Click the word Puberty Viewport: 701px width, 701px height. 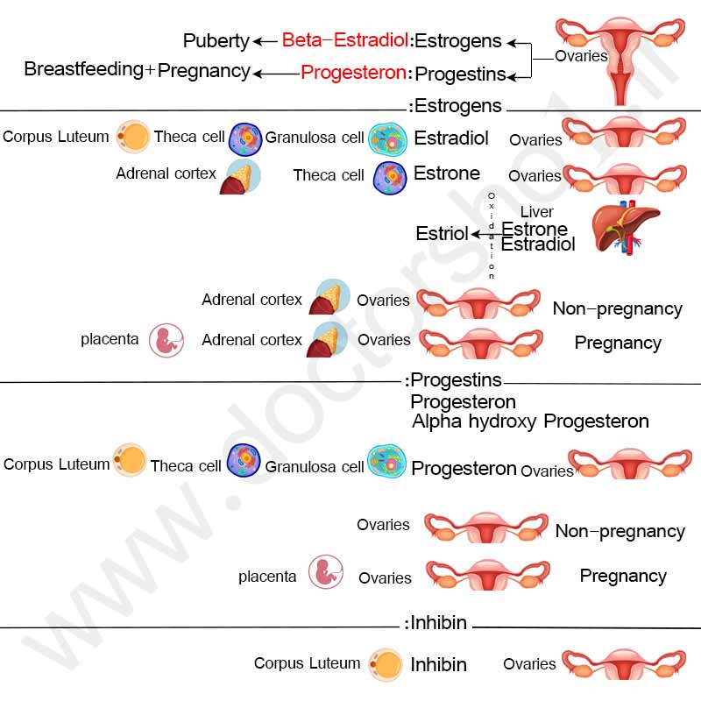coord(216,41)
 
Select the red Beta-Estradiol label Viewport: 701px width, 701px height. coord(344,39)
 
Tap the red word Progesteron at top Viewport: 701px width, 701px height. coord(353,73)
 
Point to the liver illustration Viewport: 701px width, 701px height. coord(626,228)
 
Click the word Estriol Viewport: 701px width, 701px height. coord(442,233)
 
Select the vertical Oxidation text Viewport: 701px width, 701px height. coord(492,236)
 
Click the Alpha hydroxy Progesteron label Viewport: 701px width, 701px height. coord(530,421)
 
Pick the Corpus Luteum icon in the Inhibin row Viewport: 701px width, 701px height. coord(386,665)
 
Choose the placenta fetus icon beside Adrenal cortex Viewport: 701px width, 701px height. coord(166,341)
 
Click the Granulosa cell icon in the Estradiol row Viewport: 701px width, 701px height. coord(387,139)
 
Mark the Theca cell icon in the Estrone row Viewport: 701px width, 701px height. coord(390,178)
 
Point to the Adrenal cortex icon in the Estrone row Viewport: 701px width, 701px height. coord(240,177)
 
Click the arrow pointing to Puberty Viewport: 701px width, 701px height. coord(266,41)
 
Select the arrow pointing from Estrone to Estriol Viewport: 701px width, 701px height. coord(487,234)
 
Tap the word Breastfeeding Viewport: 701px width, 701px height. coord(83,69)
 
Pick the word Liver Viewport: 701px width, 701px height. coord(536,211)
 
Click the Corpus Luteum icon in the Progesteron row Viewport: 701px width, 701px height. coord(130,460)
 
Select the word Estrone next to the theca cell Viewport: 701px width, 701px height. coord(447,173)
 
